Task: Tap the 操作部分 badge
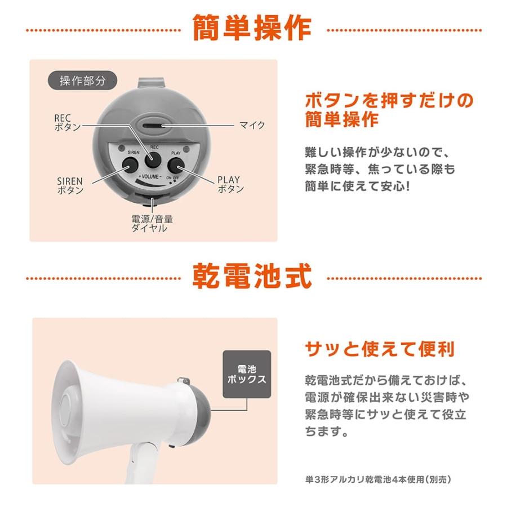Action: coord(83,80)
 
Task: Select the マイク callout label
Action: coord(252,125)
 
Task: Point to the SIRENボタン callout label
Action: coord(70,186)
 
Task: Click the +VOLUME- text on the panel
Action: coord(149,177)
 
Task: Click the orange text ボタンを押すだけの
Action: coord(389,101)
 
